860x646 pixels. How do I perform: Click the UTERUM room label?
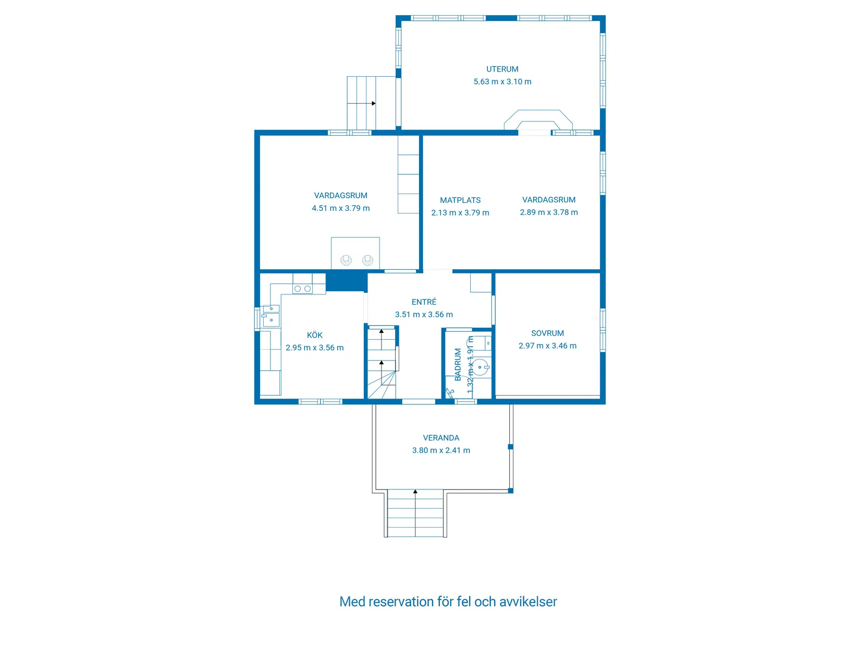click(502, 69)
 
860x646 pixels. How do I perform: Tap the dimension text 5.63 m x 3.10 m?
click(502, 81)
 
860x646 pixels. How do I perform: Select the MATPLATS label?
click(460, 200)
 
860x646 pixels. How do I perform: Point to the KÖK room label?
click(314, 335)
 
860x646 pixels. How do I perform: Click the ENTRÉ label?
click(424, 302)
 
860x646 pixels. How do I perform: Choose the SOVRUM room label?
click(547, 333)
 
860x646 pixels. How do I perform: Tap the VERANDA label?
click(441, 438)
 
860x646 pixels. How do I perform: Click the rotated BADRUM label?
click(458, 364)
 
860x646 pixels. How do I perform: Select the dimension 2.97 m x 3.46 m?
click(547, 345)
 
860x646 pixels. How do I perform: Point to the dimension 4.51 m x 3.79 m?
click(340, 208)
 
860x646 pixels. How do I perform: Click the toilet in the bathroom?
click(481, 367)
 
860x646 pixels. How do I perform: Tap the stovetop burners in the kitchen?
click(302, 288)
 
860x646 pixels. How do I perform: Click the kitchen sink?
click(271, 315)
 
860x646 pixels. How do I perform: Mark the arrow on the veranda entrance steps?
click(415, 492)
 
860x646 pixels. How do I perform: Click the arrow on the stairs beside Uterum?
click(373, 103)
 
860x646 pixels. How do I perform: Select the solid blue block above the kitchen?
click(346, 282)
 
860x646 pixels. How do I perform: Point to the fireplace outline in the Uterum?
click(538, 119)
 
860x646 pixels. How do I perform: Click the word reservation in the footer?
click(401, 602)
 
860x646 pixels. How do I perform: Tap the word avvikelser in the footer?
click(528, 602)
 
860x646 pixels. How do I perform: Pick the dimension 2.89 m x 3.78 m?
click(548, 212)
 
